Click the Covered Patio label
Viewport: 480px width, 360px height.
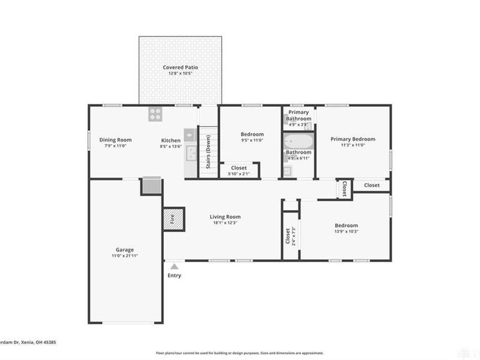[x=181, y=68]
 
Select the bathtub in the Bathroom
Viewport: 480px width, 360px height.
[x=298, y=142]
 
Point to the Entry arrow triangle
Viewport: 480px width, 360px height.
[x=174, y=266]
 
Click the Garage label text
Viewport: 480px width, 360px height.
[x=125, y=250]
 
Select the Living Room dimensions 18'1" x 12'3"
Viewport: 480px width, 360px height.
[x=225, y=223]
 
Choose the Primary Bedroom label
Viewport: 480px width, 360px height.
[x=353, y=139]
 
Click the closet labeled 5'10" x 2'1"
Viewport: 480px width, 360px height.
[x=239, y=170]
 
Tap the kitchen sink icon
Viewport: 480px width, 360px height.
[x=190, y=153]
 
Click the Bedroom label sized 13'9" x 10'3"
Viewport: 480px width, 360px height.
[x=346, y=226]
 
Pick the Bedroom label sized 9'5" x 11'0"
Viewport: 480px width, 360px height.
[x=252, y=134]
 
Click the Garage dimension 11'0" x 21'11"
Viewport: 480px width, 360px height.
[x=125, y=256]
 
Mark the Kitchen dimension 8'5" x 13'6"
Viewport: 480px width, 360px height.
[x=170, y=146]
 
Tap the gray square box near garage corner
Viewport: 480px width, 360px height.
[x=151, y=186]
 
